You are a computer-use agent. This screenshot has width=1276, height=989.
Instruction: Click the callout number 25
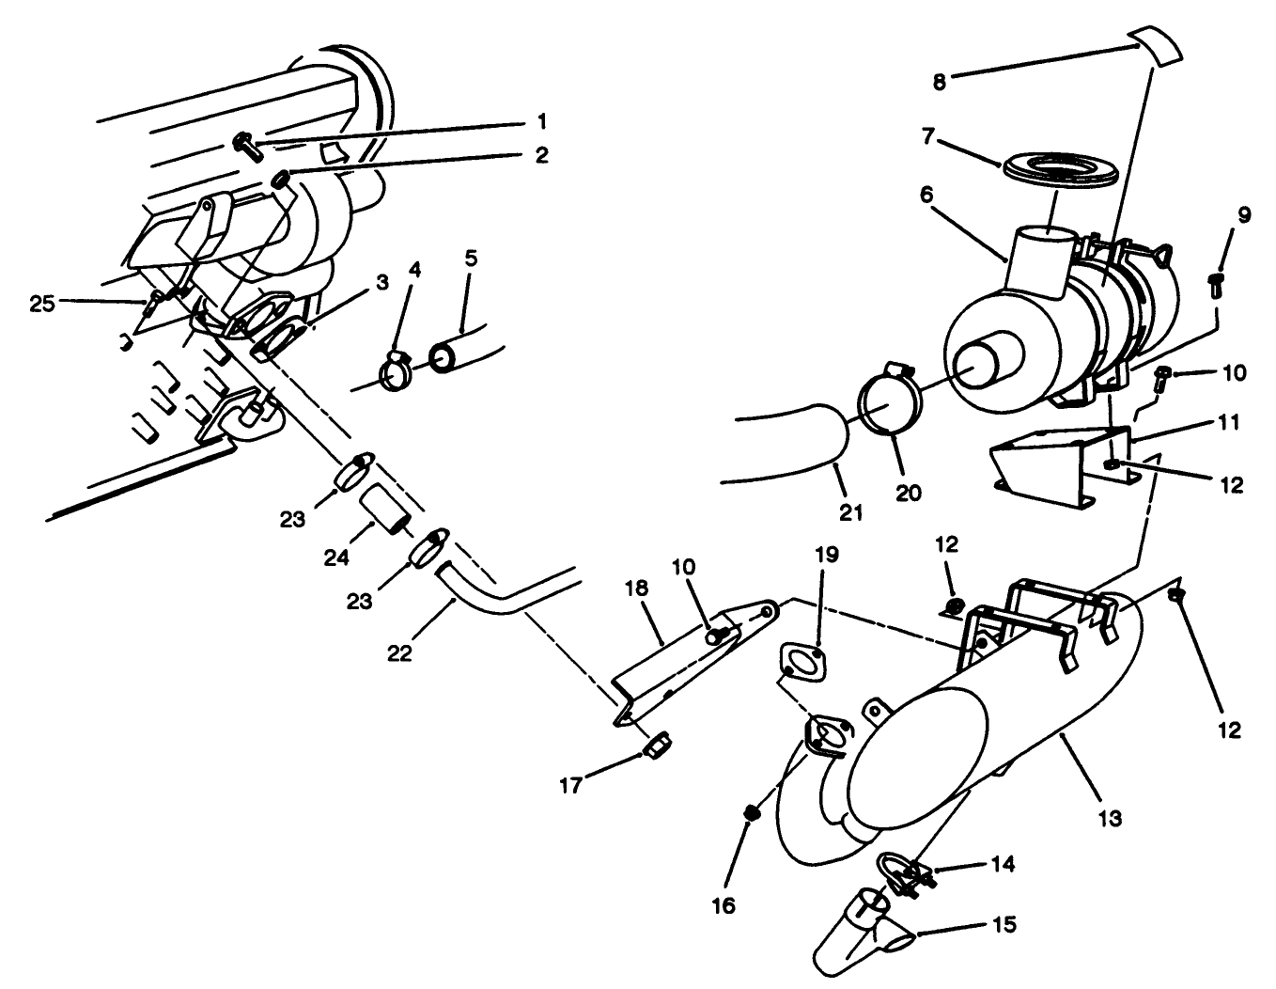42,304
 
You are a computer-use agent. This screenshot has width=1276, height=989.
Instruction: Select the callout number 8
939,81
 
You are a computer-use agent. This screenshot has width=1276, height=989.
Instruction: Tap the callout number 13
1110,818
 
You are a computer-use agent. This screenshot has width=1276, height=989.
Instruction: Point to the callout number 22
399,652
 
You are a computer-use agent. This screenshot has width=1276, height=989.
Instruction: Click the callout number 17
570,784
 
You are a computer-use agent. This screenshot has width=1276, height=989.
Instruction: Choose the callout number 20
908,492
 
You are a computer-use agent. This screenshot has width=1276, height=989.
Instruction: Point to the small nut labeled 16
751,812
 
